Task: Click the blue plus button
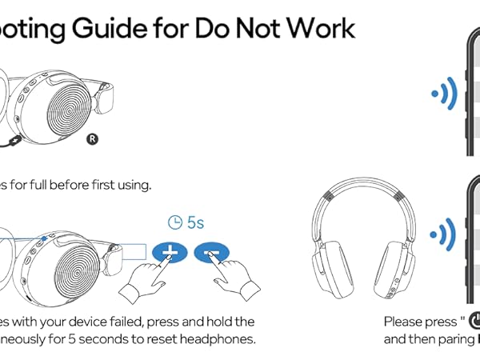tap(170, 252)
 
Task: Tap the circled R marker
tap(92, 138)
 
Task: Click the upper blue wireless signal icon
tap(444, 94)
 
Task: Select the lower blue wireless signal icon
tap(444, 234)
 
